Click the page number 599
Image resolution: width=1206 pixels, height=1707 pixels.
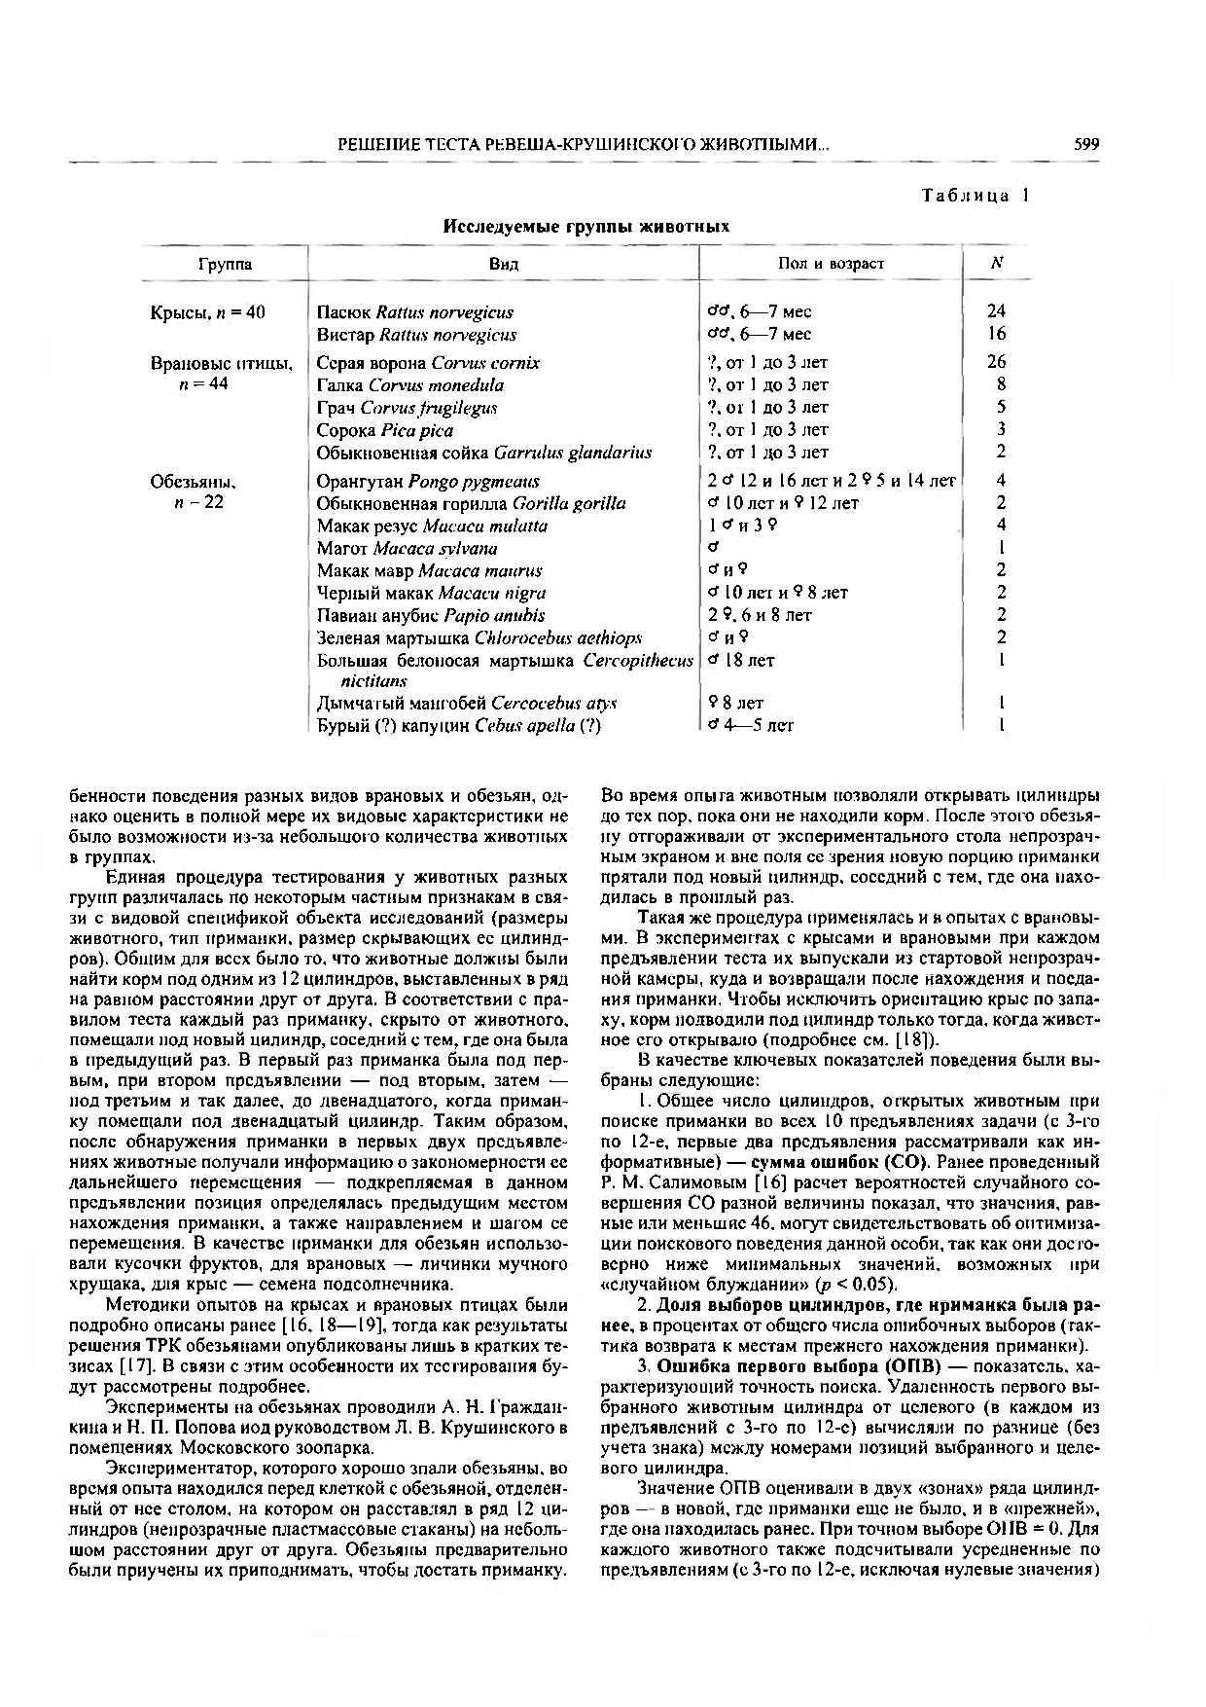click(x=1086, y=145)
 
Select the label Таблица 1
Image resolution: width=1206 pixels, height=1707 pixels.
click(x=975, y=196)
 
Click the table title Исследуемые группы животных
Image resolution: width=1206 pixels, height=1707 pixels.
click(x=586, y=227)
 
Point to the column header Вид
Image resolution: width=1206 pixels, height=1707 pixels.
click(x=504, y=264)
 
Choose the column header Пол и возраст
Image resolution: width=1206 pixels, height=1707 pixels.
click(x=832, y=264)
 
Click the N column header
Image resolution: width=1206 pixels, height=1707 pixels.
click(x=997, y=263)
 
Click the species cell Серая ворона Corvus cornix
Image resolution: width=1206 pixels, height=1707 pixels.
click(x=428, y=363)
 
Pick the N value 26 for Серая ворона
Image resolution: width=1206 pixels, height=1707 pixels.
click(x=996, y=362)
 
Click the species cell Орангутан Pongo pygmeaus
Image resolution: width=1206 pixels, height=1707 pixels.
click(x=428, y=482)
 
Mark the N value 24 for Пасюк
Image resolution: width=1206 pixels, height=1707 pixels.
click(x=996, y=311)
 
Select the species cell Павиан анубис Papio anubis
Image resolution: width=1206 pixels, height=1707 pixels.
click(x=431, y=616)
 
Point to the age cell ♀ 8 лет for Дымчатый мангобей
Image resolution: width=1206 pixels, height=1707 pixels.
click(x=736, y=703)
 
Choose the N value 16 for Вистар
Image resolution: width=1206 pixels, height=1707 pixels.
click(x=996, y=334)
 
